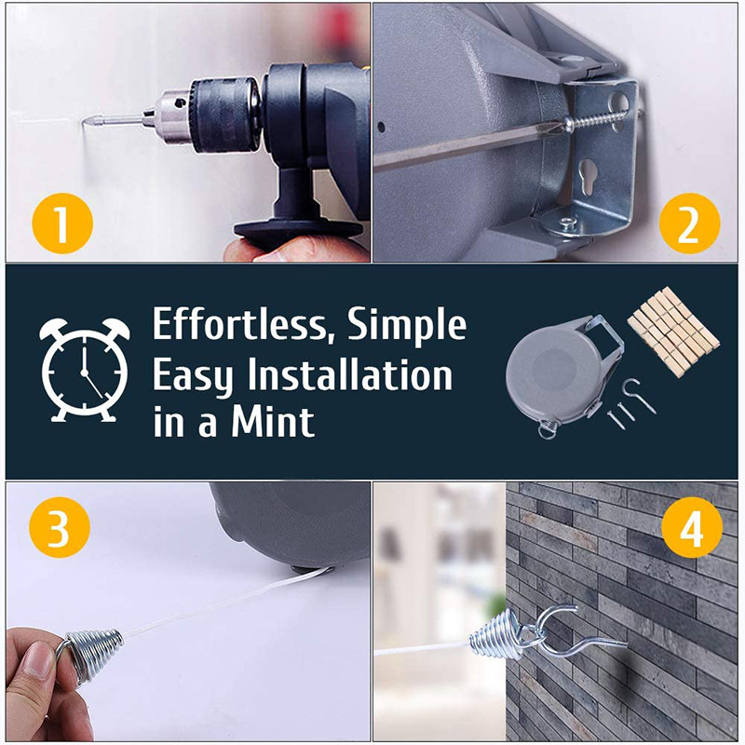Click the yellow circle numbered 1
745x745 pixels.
62,223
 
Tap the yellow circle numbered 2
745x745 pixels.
689,223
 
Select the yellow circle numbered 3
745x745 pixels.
60,527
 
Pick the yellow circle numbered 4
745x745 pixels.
692,527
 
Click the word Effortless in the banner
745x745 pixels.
241,325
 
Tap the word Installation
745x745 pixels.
350,375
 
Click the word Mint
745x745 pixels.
273,421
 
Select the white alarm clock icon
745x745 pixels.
84,370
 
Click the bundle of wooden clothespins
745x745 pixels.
673,331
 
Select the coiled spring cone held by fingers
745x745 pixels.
94,655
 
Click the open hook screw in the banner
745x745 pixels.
642,394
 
